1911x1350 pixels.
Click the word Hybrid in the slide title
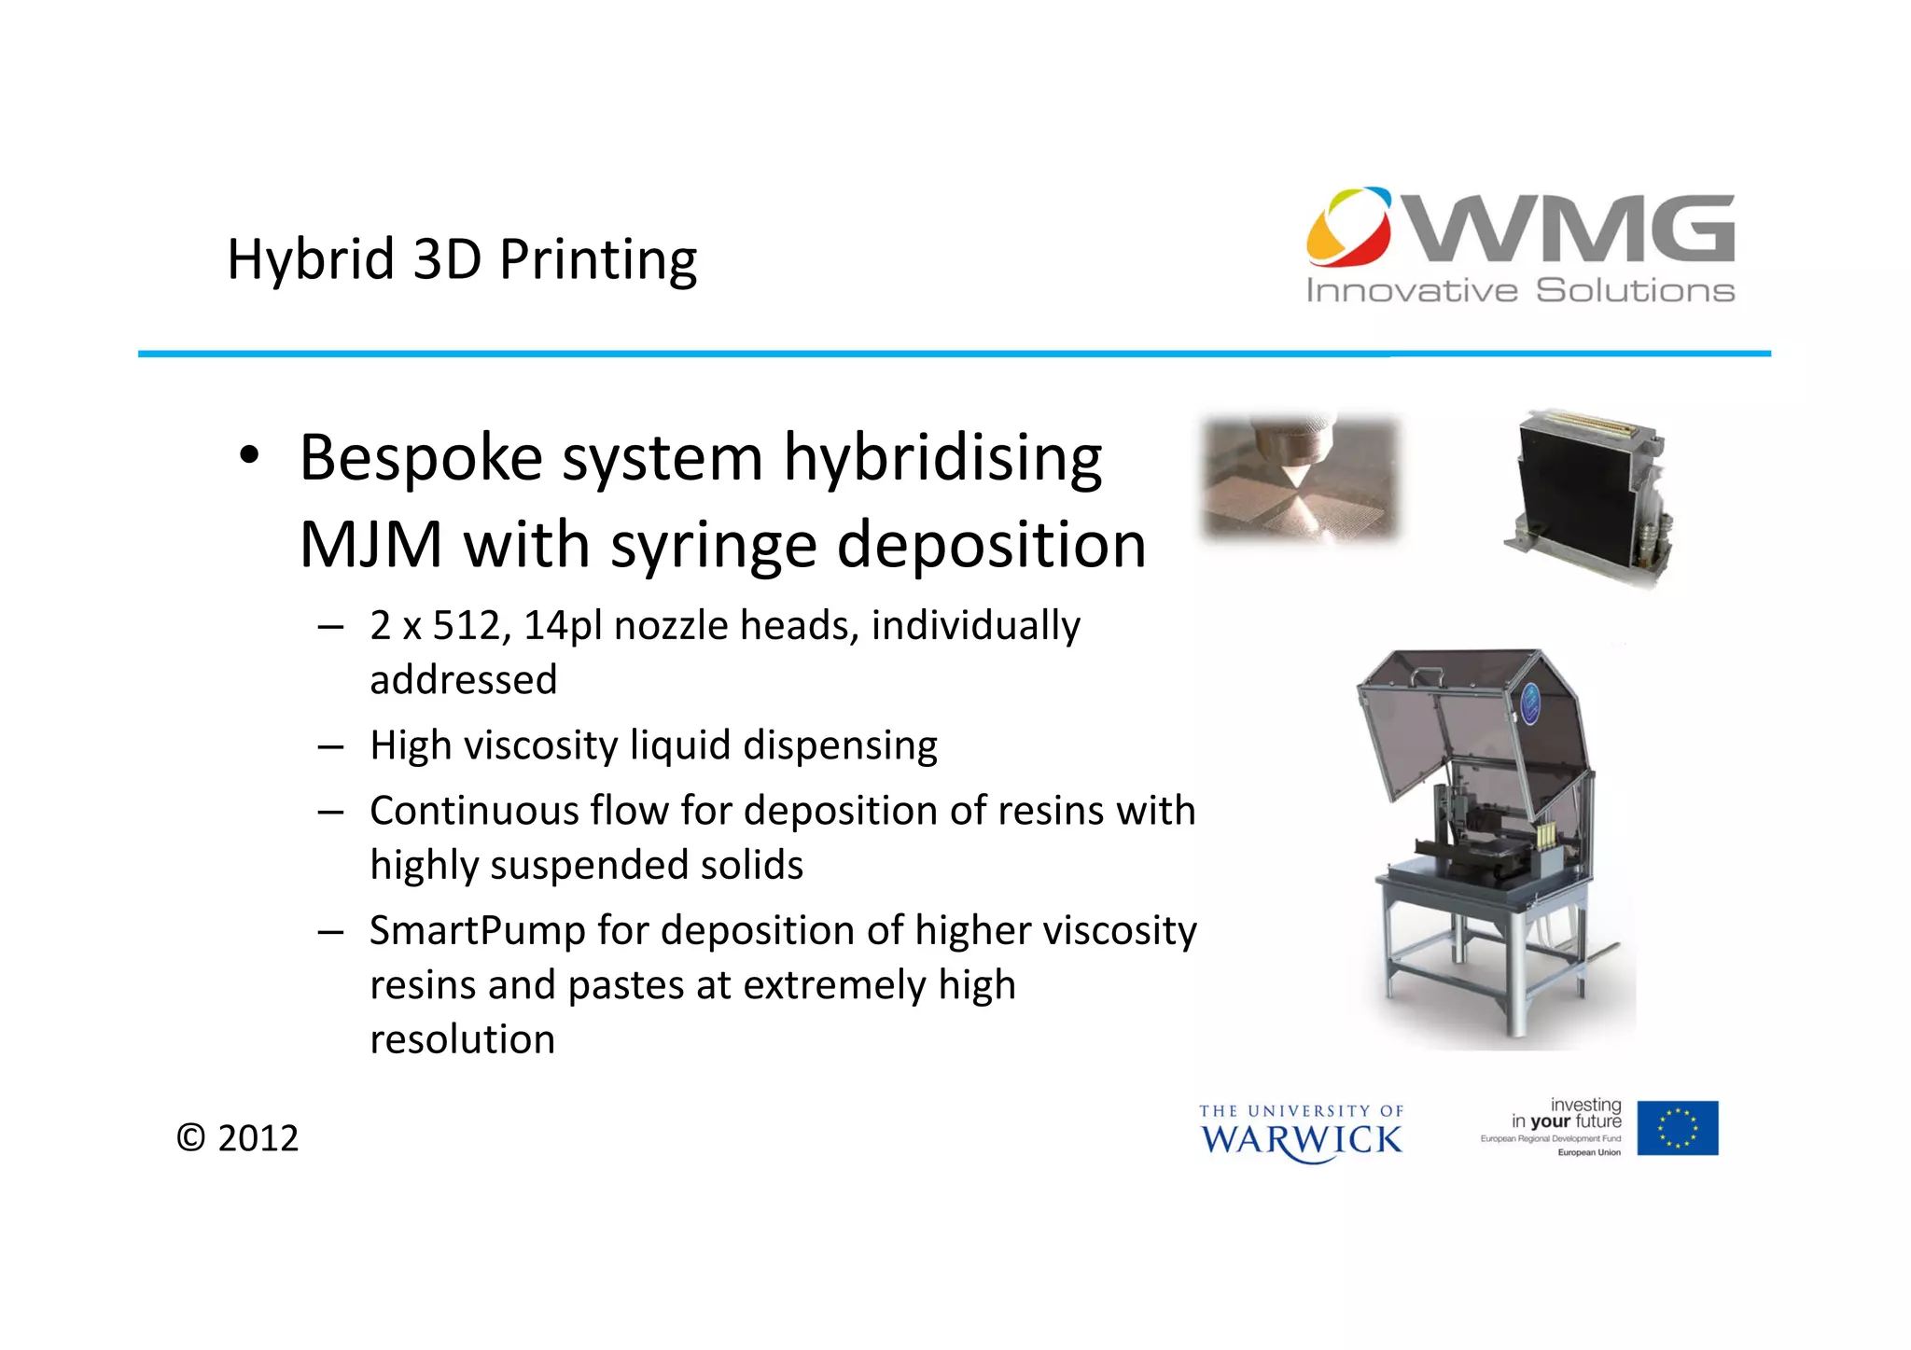pyautogui.click(x=311, y=259)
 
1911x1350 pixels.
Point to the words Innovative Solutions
pyautogui.click(x=1519, y=291)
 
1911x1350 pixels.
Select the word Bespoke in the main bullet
pyautogui.click(x=421, y=458)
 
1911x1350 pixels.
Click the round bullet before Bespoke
pyautogui.click(x=248, y=456)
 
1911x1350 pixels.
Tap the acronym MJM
pyautogui.click(x=370, y=545)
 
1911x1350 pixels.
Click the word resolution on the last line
pyautogui.click(x=462, y=1039)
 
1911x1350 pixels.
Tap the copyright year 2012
pyautogui.click(x=258, y=1138)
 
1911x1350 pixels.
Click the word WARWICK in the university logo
pyautogui.click(x=1301, y=1140)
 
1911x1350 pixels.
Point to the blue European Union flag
pyautogui.click(x=1677, y=1127)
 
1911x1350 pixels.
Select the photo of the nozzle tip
pyautogui.click(x=1300, y=477)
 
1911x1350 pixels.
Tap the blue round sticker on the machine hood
pyautogui.click(x=1530, y=703)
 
